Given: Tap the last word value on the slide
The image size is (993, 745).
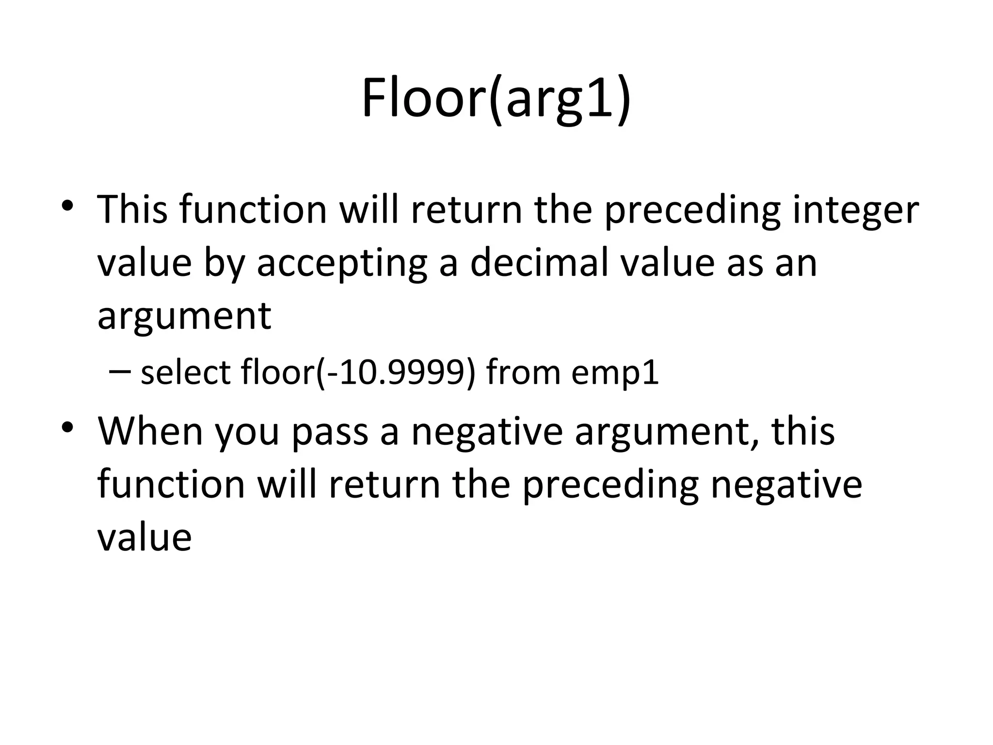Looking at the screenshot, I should pos(144,537).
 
